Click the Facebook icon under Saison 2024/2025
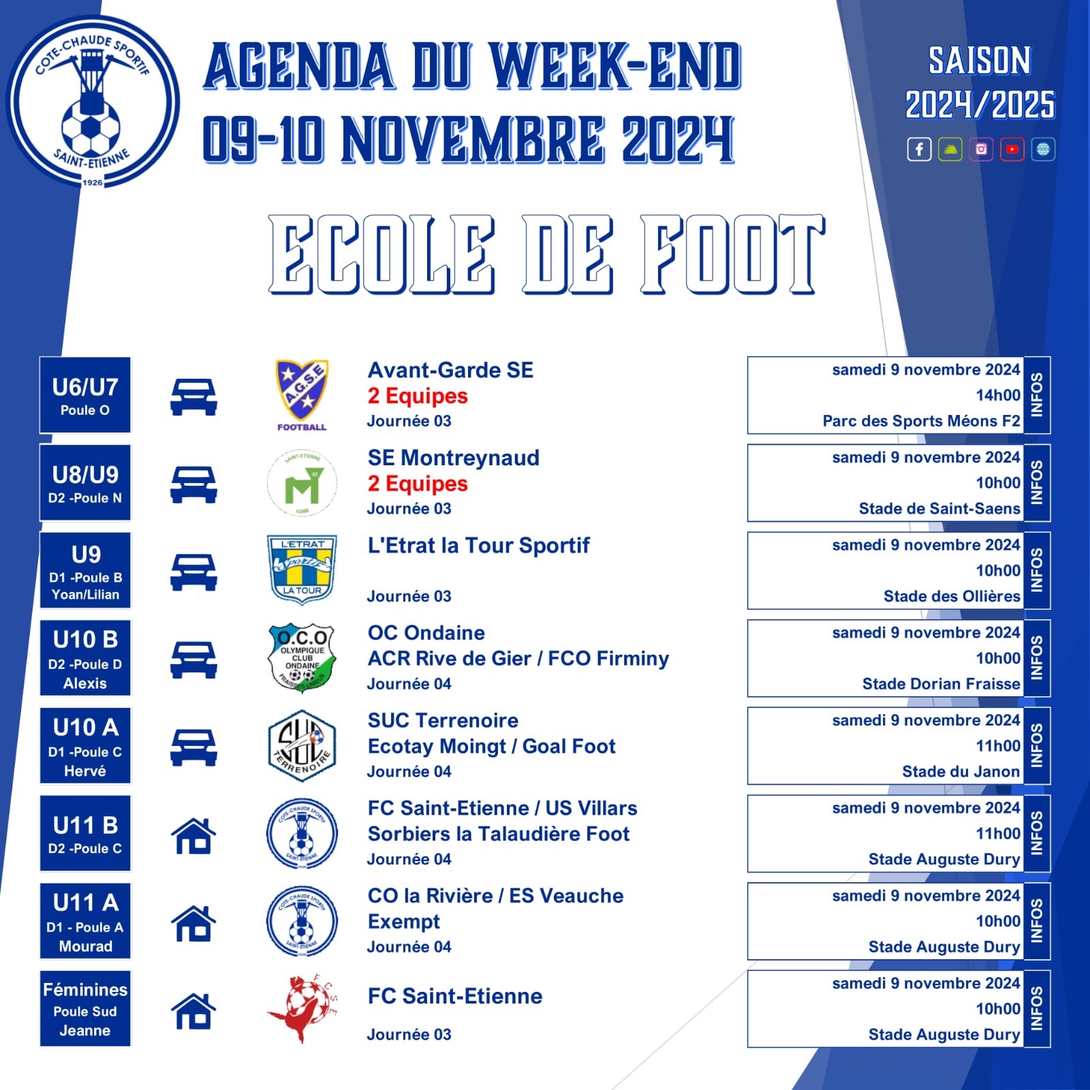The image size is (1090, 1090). (919, 149)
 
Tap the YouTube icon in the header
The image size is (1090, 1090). (1012, 149)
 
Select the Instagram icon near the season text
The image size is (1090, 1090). (981, 149)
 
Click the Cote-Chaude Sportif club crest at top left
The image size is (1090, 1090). (93, 102)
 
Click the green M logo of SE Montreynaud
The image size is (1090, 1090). (302, 483)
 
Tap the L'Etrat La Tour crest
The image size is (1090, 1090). (302, 570)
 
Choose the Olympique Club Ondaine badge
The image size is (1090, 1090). (302, 658)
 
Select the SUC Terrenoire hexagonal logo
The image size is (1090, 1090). (302, 745)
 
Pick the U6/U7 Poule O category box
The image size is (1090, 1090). (85, 395)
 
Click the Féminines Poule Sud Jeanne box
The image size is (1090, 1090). (85, 1008)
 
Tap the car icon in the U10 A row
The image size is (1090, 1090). (193, 747)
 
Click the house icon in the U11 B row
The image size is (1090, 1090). (193, 835)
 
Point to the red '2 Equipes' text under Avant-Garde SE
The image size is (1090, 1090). (418, 396)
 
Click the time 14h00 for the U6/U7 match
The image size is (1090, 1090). (998, 395)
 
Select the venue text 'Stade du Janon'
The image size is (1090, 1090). (961, 771)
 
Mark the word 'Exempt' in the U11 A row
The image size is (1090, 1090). (404, 922)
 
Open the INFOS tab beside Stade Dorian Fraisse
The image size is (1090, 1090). (1037, 658)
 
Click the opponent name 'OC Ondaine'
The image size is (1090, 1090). (426, 633)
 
